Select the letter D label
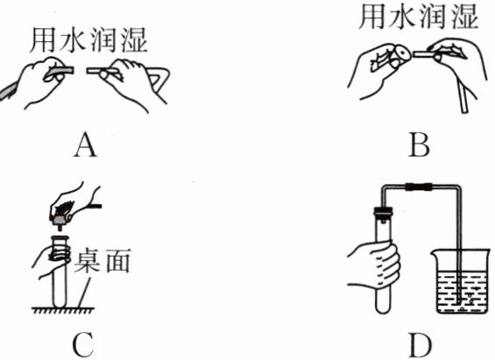click(x=421, y=345)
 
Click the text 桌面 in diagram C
click(x=102, y=261)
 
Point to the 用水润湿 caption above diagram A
click(x=88, y=40)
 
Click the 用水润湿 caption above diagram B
click(x=419, y=17)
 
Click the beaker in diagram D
click(x=460, y=281)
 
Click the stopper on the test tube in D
click(x=383, y=212)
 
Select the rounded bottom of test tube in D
click(x=383, y=307)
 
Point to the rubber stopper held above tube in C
click(x=60, y=221)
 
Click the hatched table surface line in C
click(x=63, y=310)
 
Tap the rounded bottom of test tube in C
click(x=59, y=302)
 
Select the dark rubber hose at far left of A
click(x=8, y=90)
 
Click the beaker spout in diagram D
click(x=435, y=251)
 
